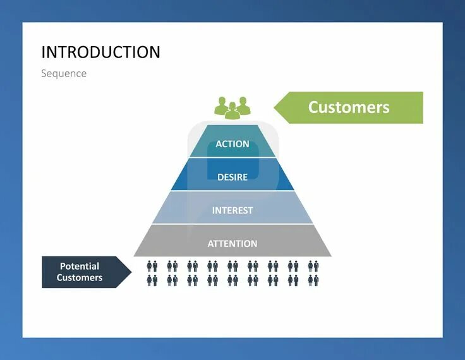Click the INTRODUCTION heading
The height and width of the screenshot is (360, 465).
pos(100,52)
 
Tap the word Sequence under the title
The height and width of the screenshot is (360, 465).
pos(64,73)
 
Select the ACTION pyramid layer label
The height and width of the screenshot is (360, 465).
pos(232,144)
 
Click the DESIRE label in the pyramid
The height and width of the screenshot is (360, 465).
pos(232,177)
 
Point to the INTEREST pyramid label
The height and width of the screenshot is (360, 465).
pos(232,210)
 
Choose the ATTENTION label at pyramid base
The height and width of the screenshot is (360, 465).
pos(232,243)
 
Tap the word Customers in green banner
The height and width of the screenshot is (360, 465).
pos(349,107)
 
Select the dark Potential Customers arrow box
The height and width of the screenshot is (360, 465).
pos(82,272)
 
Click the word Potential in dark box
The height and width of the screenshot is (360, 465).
pos(80,267)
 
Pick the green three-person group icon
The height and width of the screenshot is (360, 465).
pos(232,107)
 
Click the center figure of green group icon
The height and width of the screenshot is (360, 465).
pos(232,111)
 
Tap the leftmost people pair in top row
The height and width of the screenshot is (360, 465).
pos(152,266)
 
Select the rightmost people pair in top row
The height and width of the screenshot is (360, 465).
pos(313,266)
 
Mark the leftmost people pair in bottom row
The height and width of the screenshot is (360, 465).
pos(152,280)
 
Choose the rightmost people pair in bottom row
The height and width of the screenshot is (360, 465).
pos(313,280)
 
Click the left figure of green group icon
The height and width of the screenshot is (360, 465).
pos(221,105)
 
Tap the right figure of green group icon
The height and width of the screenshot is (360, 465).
pos(243,105)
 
